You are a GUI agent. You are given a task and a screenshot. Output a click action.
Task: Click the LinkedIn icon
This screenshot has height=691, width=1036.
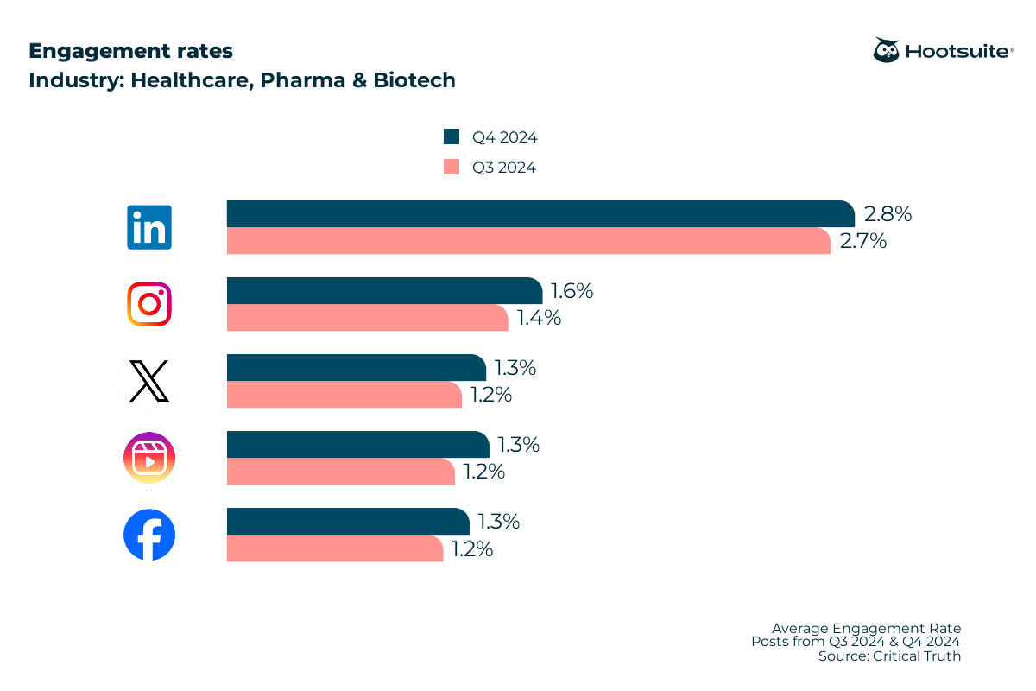[x=149, y=227]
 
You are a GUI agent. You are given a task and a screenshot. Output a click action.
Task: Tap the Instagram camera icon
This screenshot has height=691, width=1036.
[x=149, y=304]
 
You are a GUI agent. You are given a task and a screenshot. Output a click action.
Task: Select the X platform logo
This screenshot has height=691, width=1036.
[x=149, y=381]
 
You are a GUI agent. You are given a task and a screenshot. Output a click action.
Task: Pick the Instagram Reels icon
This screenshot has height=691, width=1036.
[x=149, y=458]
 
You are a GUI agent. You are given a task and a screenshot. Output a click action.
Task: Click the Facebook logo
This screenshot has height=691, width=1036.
[x=149, y=535]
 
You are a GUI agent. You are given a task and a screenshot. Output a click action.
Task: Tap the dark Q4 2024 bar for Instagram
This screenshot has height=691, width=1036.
[x=384, y=291]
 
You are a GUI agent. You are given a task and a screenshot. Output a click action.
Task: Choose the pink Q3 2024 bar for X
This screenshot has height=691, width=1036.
[x=344, y=395]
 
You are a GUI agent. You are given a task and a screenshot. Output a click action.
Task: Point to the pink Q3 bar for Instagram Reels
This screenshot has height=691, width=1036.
[x=341, y=472]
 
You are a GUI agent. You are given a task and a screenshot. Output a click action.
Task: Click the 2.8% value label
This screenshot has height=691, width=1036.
[x=888, y=214]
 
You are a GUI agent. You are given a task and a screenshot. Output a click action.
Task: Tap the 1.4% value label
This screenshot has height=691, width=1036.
[x=539, y=318]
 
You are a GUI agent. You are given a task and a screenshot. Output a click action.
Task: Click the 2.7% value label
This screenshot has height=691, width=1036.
[x=863, y=241]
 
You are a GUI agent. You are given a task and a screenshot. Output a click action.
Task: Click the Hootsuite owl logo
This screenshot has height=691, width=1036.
[x=886, y=50]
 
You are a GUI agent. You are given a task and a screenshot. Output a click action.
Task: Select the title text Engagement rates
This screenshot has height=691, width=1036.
[x=130, y=51]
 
